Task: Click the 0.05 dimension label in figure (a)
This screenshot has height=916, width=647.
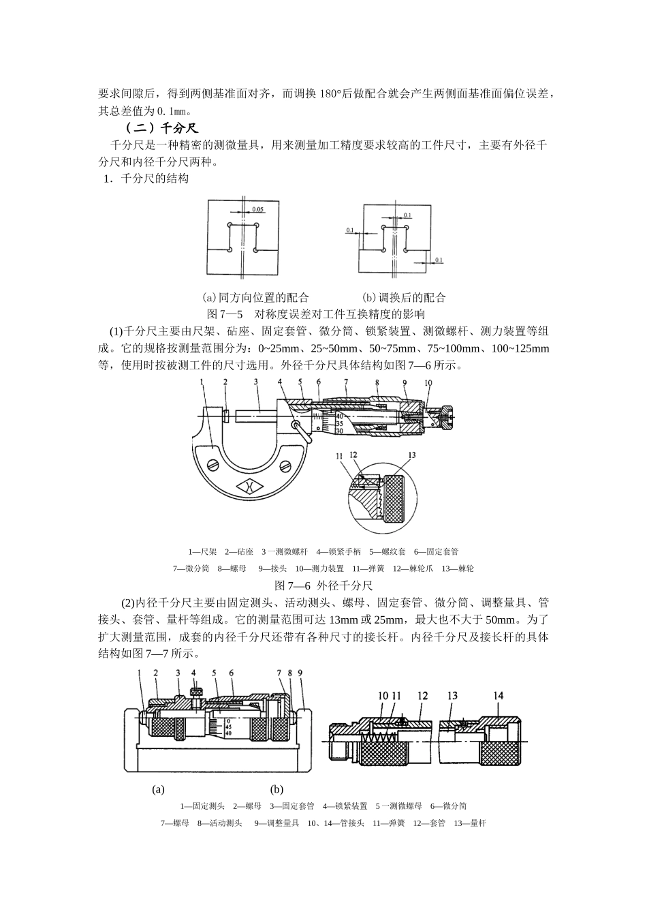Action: tap(258, 209)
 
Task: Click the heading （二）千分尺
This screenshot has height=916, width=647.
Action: tap(161, 127)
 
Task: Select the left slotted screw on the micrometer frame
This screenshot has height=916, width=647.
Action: tap(212, 465)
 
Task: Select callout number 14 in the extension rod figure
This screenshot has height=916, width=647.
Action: tap(499, 695)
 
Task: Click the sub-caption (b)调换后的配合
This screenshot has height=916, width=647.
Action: tap(404, 297)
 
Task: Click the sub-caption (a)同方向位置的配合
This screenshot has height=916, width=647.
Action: tap(255, 297)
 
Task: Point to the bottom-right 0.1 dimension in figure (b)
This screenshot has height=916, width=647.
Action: tap(439, 260)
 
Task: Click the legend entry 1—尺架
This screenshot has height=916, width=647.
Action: tap(202, 551)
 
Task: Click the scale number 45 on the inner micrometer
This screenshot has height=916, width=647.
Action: tap(228, 727)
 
